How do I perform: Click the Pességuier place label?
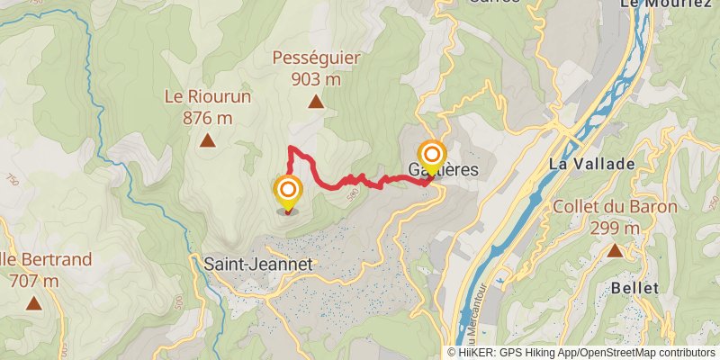tap(316, 58)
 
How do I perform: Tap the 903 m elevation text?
tap(316, 79)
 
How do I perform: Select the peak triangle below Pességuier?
tap(316, 103)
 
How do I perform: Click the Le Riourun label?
tap(207, 95)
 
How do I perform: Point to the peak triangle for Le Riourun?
tap(207, 139)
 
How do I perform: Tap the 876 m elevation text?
tap(207, 117)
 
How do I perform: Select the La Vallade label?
tap(592, 165)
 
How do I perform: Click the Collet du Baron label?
tap(615, 208)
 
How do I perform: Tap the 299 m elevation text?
tap(615, 229)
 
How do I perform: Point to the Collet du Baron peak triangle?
tap(615, 250)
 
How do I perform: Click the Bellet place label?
tap(634, 288)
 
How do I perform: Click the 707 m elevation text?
tap(33, 281)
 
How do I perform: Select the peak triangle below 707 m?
tap(33, 303)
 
